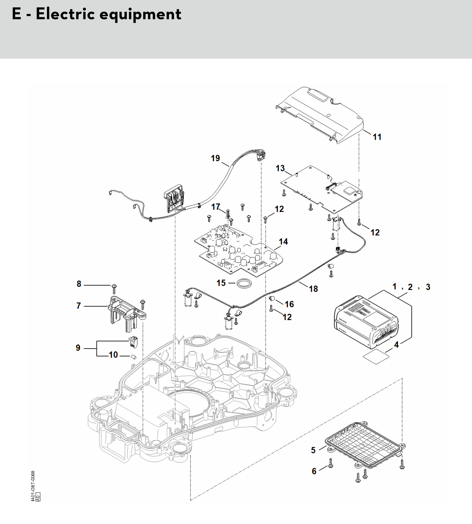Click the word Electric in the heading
pyautogui.click(x=65, y=14)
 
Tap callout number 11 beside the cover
pyautogui.click(x=377, y=137)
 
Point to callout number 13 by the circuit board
pyautogui.click(x=280, y=168)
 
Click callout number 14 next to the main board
pyautogui.click(x=283, y=242)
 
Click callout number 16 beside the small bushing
pyautogui.click(x=289, y=304)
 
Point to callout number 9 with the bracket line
pyautogui.click(x=78, y=348)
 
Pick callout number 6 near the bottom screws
pyautogui.click(x=314, y=471)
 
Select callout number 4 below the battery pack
pyautogui.click(x=396, y=345)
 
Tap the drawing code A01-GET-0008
pyautogui.click(x=33, y=486)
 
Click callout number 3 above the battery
pyautogui.click(x=428, y=287)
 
